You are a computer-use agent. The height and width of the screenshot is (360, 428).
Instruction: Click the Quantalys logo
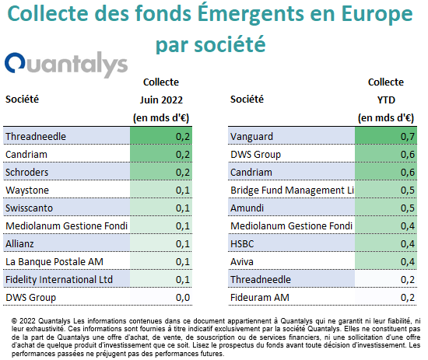point(66,65)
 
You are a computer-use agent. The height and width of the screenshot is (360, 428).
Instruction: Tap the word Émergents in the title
point(251,13)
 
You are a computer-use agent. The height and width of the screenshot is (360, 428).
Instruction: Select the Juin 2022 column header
point(161,100)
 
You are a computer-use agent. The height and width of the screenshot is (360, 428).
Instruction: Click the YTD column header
point(386,100)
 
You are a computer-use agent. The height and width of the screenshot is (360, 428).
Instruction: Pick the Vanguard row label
point(251,136)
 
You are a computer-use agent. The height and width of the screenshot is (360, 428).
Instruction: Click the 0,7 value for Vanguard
point(408,136)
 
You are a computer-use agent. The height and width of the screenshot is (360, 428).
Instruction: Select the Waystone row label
point(27,190)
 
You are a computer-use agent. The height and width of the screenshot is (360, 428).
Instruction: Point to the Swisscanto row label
point(29,208)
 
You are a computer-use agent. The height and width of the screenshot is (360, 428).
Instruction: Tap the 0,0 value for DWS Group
point(183,297)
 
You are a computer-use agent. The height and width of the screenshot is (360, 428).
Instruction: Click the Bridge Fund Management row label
point(292,190)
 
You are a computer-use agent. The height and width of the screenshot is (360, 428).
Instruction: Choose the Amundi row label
point(247,208)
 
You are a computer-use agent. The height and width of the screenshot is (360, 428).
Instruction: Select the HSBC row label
point(242,244)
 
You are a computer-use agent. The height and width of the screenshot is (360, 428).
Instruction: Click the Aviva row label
point(242,262)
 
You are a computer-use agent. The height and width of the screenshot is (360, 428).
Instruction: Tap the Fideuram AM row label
point(260,297)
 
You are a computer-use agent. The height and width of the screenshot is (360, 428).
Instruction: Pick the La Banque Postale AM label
point(54,262)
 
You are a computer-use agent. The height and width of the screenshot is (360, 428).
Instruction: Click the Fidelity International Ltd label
point(59,280)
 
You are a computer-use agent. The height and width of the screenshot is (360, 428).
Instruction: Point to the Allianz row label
point(19,244)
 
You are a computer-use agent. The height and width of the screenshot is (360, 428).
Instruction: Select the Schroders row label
point(26,173)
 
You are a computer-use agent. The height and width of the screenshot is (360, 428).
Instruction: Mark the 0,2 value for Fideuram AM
point(408,297)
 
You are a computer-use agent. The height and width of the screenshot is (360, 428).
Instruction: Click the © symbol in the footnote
point(15,321)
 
